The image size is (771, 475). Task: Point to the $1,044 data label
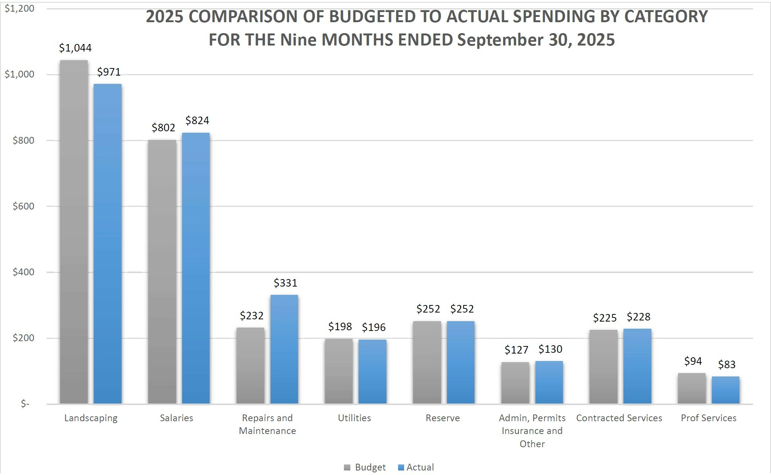75,48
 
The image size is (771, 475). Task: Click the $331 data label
285,283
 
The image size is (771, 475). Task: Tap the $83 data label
727,364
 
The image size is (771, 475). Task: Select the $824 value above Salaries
197,120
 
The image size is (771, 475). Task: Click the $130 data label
550,349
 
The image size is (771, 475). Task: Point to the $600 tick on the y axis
23,206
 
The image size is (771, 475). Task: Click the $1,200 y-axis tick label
19,8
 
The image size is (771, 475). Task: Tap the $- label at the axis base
25,404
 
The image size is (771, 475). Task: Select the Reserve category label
443,418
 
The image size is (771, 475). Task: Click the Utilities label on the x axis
354,418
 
